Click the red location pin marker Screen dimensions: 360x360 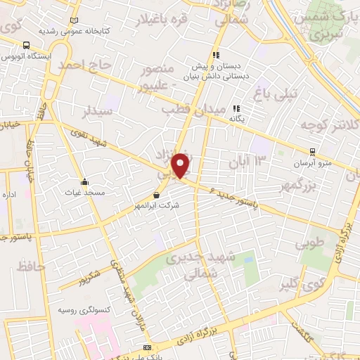(x=181, y=166)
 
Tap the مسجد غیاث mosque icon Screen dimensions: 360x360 (x=85, y=181)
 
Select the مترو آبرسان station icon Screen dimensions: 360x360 (x=312, y=151)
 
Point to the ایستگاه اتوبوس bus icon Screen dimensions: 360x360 (x=26, y=43)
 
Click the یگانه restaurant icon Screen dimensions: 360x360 (x=236, y=109)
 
